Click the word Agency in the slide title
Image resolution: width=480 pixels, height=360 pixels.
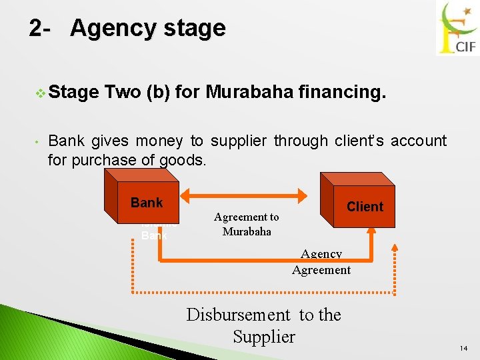point(111,29)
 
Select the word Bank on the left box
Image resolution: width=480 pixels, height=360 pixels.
point(147,203)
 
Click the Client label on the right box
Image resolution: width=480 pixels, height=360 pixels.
point(365,207)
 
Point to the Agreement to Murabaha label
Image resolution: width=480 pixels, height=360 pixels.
point(246,224)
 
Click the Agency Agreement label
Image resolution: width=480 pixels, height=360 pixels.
point(321,262)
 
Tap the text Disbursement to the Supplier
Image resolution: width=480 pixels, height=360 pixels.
point(263,325)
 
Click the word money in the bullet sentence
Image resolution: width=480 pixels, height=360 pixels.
point(159,141)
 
